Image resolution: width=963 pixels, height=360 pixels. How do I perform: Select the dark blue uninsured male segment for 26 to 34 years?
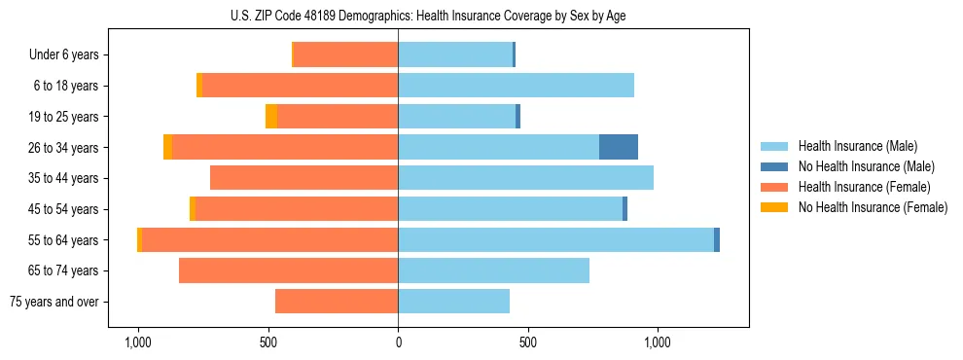point(618,147)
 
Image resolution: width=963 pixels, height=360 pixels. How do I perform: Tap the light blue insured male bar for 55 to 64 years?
point(555,239)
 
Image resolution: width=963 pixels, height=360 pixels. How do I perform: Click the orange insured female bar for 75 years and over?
point(337,302)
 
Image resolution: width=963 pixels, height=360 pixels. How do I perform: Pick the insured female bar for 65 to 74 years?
point(288,270)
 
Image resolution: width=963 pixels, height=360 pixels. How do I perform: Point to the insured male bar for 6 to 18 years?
point(516,86)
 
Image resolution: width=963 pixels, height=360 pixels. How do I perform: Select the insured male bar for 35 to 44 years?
point(525,178)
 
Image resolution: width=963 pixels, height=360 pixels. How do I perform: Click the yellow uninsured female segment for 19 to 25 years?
point(271,117)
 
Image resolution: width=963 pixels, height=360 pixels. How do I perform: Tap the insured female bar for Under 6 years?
point(345,54)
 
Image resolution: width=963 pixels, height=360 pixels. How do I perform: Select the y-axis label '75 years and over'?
point(53,302)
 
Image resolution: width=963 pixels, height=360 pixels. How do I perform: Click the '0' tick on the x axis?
point(398,342)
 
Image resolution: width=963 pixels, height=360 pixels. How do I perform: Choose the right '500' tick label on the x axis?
point(527,342)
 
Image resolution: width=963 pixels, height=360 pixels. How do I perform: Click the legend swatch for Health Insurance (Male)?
point(773,146)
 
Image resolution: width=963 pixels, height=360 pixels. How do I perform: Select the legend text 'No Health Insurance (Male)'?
point(866,166)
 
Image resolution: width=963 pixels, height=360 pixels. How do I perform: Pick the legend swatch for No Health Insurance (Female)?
point(773,207)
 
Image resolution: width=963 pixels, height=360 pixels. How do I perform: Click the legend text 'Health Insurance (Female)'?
point(864,187)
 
